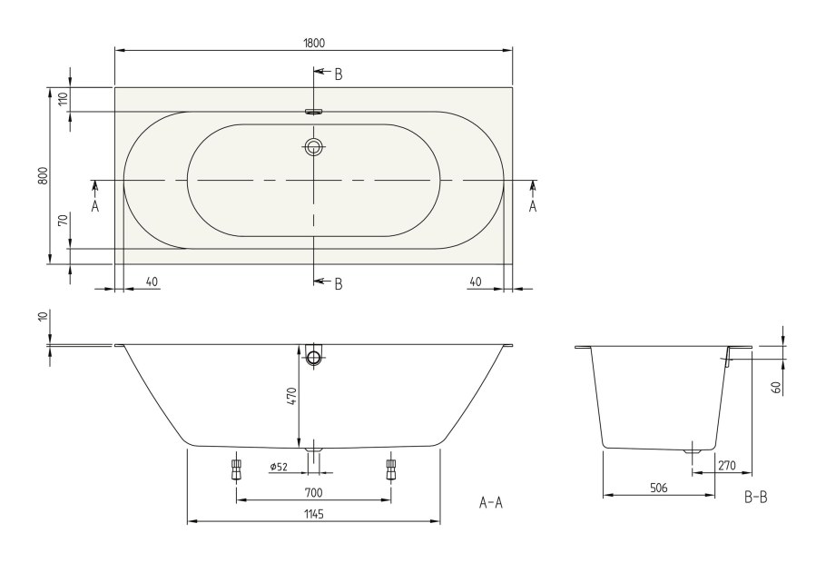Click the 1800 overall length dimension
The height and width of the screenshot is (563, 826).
(x=314, y=43)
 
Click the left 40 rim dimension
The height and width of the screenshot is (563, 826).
(x=152, y=281)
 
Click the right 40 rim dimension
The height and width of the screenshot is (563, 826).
(x=476, y=281)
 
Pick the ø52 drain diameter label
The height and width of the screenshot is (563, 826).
(x=280, y=467)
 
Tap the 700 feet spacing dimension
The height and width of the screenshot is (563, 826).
(x=314, y=492)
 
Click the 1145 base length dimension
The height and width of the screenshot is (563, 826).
(x=314, y=514)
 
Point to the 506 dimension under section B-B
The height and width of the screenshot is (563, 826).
(x=659, y=488)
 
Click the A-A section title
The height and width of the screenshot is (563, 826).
(x=490, y=502)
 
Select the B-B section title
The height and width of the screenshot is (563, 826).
(x=755, y=499)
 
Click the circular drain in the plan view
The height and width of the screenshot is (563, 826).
(x=314, y=147)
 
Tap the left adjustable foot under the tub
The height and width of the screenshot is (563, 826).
(x=237, y=469)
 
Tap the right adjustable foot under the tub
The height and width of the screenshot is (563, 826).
(x=391, y=469)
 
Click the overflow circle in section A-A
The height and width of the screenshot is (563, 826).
(x=314, y=357)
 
